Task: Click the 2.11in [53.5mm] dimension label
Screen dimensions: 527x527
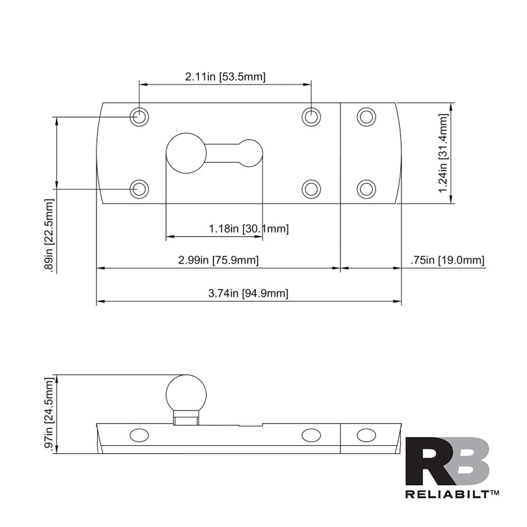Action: (x=225, y=77)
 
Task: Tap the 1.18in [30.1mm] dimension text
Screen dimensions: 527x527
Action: (x=249, y=229)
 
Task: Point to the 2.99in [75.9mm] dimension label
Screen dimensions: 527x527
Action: (x=218, y=260)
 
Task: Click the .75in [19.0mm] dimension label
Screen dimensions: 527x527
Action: (x=447, y=260)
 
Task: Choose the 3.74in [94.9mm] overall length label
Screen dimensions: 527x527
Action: (x=248, y=294)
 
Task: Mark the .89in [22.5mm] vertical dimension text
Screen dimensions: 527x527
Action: (x=50, y=235)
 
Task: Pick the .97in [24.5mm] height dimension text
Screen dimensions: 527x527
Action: (x=50, y=415)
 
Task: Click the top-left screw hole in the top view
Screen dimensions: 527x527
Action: (x=139, y=116)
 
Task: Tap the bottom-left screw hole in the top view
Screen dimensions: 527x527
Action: (x=139, y=189)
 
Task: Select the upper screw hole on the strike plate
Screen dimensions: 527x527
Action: (x=366, y=116)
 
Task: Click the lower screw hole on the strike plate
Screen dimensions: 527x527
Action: (x=366, y=189)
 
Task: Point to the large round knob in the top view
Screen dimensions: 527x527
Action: (x=186, y=153)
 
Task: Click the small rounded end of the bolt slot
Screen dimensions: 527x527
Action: (x=250, y=152)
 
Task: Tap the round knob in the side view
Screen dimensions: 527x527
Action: (x=186, y=393)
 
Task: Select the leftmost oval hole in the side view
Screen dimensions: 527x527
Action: (x=139, y=435)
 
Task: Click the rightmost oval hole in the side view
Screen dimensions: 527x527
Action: (x=366, y=435)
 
